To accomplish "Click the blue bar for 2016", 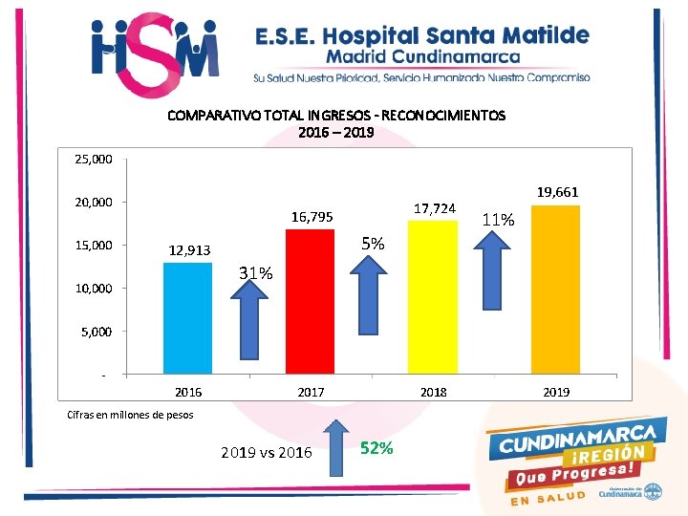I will (188, 317).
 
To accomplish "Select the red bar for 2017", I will (310, 301).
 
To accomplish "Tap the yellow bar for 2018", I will (433, 296).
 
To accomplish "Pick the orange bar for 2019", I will (555, 289).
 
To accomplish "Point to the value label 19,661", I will (558, 192).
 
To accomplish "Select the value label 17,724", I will (435, 207).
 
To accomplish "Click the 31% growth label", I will (255, 274).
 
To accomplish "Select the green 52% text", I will (376, 449).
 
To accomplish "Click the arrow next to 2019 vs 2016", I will (336, 448).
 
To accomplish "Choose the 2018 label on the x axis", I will (434, 392).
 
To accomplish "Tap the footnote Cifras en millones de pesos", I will (130, 415).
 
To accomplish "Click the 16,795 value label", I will (312, 218).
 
